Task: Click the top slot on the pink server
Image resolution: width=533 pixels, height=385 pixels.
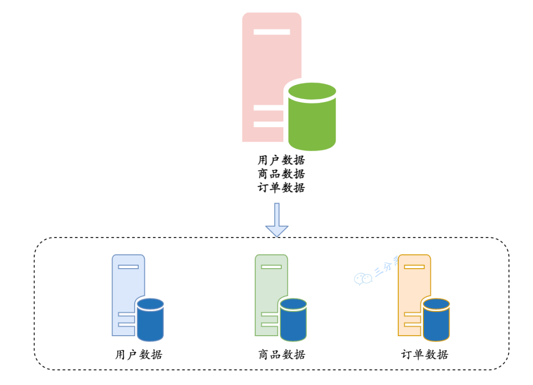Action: tap(271, 32)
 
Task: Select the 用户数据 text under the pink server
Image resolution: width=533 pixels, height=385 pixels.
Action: tap(281, 160)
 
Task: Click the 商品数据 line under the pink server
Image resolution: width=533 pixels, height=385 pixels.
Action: tap(281, 174)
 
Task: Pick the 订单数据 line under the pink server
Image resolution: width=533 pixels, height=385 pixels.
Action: tap(281, 187)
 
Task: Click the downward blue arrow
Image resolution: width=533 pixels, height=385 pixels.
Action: tap(277, 220)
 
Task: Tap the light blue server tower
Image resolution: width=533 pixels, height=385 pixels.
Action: tap(126, 286)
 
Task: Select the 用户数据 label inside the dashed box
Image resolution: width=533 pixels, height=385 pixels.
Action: tap(139, 354)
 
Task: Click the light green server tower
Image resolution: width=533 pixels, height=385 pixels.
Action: tap(269, 286)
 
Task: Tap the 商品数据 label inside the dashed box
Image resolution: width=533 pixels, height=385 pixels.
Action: tap(281, 354)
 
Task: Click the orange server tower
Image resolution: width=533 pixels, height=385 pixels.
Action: tap(413, 286)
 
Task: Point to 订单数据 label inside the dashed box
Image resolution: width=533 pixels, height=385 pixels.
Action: tap(424, 354)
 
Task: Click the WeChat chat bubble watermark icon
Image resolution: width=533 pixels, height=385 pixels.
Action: tap(363, 279)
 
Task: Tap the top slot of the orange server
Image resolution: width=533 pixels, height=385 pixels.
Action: tap(414, 267)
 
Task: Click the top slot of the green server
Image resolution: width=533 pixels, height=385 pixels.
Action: tap(271, 267)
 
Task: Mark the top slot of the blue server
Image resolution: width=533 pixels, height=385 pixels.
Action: tap(128, 267)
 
